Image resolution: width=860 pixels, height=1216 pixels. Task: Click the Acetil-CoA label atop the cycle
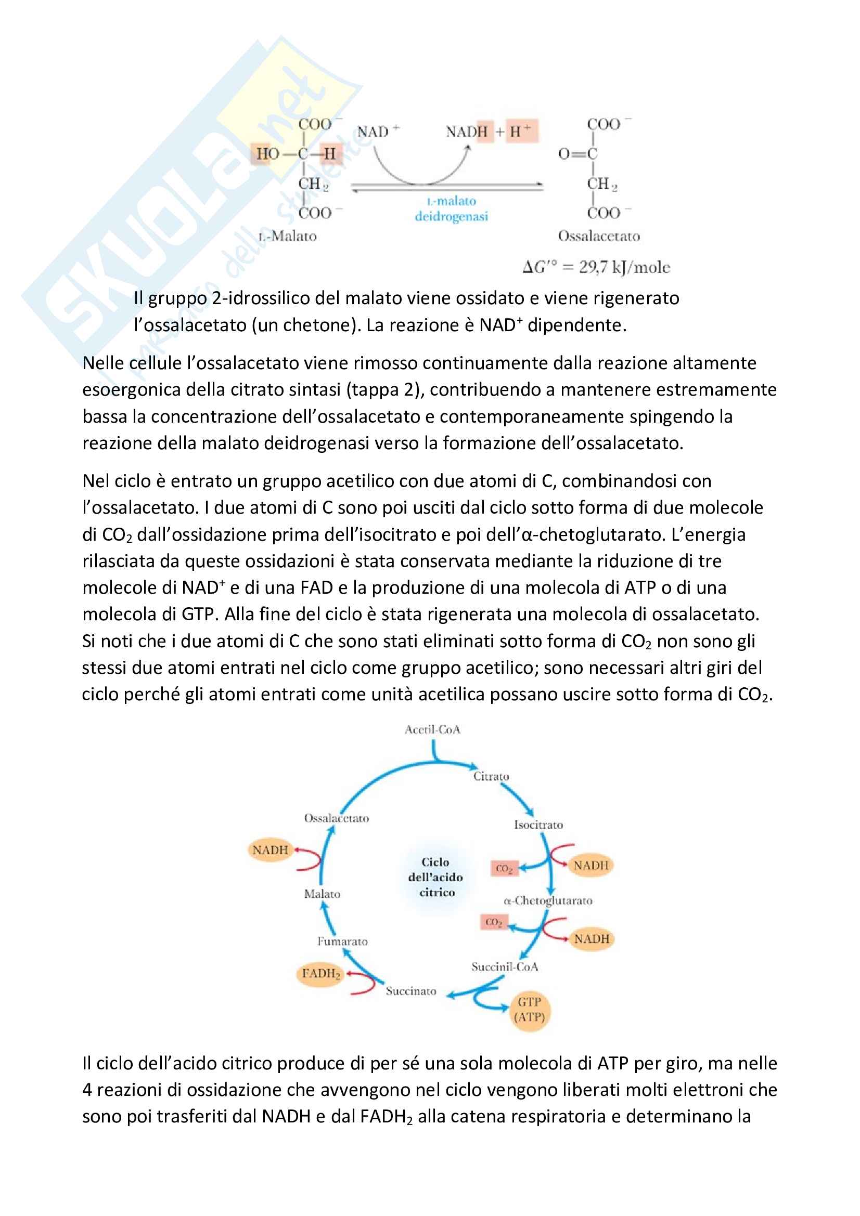pos(432,730)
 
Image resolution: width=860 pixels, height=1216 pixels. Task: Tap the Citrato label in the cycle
pos(491,776)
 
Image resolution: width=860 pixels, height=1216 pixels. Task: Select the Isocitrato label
pos(538,825)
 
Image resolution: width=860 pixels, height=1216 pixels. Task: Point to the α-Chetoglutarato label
pos(548,900)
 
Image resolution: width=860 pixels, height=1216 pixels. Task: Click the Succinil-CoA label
pos(505,967)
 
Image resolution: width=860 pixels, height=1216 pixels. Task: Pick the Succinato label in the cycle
pos(411,991)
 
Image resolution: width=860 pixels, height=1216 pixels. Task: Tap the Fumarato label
pos(342,941)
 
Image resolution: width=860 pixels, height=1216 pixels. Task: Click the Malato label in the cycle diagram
pos(322,894)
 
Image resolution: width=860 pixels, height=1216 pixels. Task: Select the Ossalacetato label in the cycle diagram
pos(337,818)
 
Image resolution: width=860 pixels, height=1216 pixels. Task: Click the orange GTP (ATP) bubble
pos(529,1010)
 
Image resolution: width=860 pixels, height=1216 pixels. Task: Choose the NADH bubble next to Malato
pos(270,850)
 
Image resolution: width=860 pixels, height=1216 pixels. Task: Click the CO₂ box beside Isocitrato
pos(504,869)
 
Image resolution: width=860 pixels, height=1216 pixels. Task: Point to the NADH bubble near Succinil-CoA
pos(592,939)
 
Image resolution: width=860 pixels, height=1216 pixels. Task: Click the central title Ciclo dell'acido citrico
pos(435,877)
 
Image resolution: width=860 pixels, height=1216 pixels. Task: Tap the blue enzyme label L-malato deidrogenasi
pos(452,208)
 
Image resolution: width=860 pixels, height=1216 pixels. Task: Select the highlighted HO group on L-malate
pos(267,153)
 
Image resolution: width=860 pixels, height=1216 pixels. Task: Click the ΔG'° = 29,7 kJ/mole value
pos(597,267)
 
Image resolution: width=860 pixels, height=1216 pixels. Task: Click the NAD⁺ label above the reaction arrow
pos(378,132)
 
